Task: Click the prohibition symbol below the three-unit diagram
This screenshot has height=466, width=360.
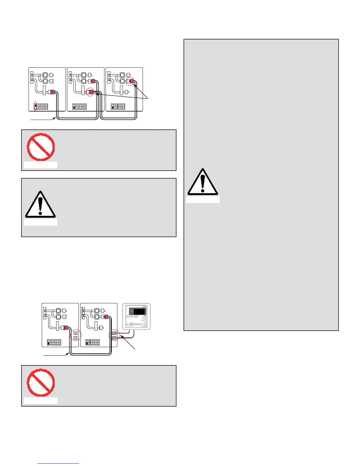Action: tap(41, 147)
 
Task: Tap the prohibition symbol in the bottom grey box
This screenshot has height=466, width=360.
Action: tap(41, 383)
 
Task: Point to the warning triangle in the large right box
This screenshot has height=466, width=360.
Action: tap(203, 182)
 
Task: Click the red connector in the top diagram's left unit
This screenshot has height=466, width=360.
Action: tap(52, 92)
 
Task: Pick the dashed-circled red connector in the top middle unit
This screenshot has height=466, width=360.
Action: tap(91, 92)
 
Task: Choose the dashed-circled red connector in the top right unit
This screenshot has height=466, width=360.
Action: tap(130, 81)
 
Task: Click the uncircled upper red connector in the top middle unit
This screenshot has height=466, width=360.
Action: tap(92, 81)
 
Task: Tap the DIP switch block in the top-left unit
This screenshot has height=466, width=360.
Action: tap(41, 106)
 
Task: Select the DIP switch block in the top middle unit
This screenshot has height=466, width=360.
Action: tap(80, 106)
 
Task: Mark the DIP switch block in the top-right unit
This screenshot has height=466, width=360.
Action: tap(118, 106)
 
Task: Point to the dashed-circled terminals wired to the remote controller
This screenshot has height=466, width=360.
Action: tap(114, 336)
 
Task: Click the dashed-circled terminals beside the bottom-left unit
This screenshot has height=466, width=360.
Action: tap(76, 335)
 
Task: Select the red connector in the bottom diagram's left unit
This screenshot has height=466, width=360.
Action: tap(65, 327)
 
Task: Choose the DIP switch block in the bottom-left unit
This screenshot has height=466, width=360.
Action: tap(54, 342)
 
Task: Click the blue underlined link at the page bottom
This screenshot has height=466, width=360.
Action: tap(59, 463)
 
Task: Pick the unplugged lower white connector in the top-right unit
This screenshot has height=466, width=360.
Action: tap(126, 92)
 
